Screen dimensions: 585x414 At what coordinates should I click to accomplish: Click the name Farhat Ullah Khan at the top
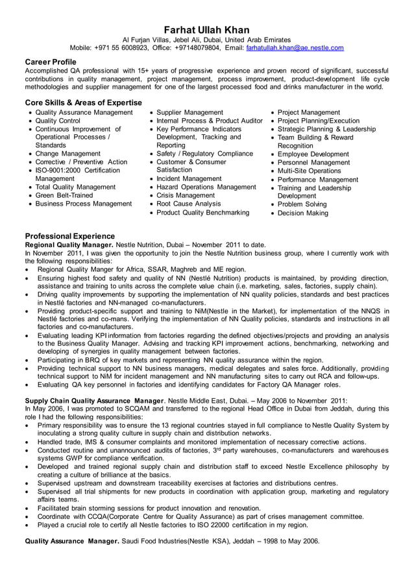pyautogui.click(x=206, y=30)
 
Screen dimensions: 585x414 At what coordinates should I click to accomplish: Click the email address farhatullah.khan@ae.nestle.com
pyautogui.click(x=295, y=48)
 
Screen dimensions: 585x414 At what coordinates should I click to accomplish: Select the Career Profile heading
pyautogui.click(x=50, y=62)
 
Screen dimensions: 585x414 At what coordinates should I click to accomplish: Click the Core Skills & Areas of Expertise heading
pyautogui.click(x=83, y=102)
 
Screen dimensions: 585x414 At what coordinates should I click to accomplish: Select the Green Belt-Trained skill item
pyautogui.click(x=64, y=195)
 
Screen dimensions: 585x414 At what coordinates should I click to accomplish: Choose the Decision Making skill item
pyautogui.click(x=303, y=213)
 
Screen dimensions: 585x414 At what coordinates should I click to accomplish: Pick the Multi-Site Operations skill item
pyautogui.click(x=309, y=171)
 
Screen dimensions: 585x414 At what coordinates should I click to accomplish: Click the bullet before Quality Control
pyautogui.click(x=30, y=121)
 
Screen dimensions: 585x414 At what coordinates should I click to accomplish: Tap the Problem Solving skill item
pyautogui.click(x=302, y=204)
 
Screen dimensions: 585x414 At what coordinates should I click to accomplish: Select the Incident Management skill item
pyautogui.click(x=189, y=178)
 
